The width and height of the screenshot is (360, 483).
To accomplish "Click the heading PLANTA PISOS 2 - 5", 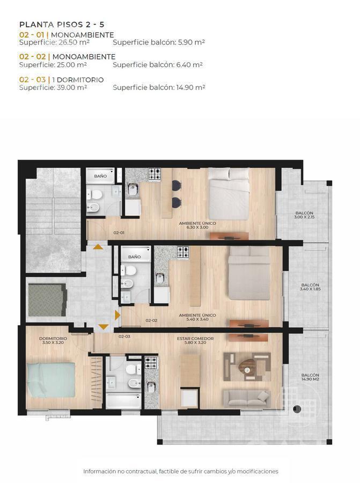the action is pos(62,25).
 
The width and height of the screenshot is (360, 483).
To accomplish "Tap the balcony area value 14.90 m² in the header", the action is pos(190,87).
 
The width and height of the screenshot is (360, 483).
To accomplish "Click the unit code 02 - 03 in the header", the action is pos(32,80).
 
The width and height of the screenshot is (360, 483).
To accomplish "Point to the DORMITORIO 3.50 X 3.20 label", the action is pos(53,340).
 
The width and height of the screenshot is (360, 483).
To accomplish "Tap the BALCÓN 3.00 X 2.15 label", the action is pos(304,215).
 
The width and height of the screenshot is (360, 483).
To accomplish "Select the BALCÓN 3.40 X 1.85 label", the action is pos(310,287).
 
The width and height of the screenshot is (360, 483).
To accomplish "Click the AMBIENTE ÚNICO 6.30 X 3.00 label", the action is pos(197,225).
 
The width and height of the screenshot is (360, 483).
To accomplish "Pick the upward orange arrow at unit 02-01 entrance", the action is pos(98,246).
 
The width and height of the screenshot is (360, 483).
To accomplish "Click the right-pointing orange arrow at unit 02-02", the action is pos(117,315).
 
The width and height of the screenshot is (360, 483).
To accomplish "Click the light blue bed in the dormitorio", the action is pos(51,379).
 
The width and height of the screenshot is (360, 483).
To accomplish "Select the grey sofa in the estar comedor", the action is pos(247,399).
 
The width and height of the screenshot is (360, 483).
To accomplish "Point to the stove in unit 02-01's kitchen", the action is pos(155,174).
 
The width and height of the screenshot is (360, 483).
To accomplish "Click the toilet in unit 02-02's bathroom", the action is pos(129,270).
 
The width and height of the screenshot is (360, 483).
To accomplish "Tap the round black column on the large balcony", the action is pos(297,409).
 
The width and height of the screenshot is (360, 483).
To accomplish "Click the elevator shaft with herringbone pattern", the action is pos(47,299).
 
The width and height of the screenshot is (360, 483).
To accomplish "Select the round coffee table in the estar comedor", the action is pos(246,367).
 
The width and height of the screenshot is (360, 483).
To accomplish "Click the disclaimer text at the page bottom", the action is pos(181,471).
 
